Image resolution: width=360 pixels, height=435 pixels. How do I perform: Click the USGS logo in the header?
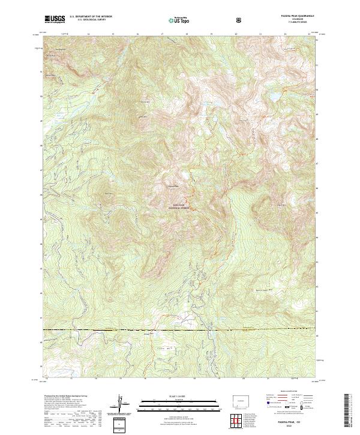(x=55, y=19)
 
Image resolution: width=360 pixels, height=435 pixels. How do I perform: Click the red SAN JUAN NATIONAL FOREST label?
(x=181, y=207)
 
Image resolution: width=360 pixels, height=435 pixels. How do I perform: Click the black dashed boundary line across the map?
(x=180, y=329)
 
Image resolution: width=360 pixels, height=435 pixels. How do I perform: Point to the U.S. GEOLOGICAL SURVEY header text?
(x=90, y=21)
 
